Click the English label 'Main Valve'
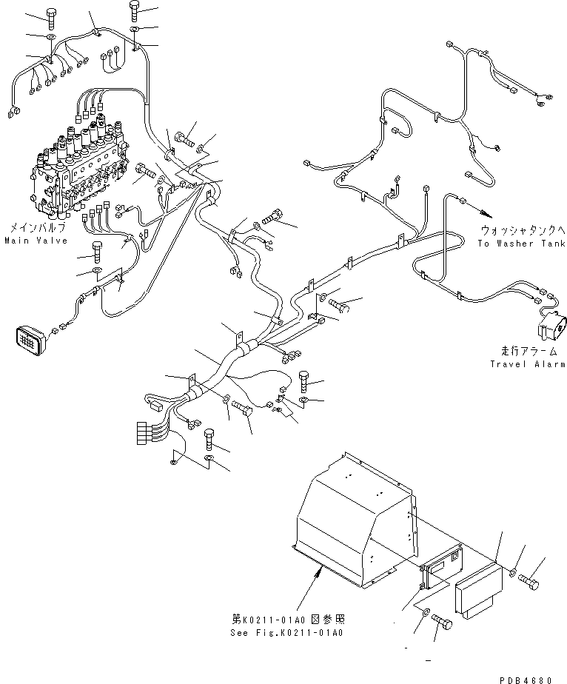(35, 241)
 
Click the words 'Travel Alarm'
(527, 364)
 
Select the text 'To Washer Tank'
(521, 243)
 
